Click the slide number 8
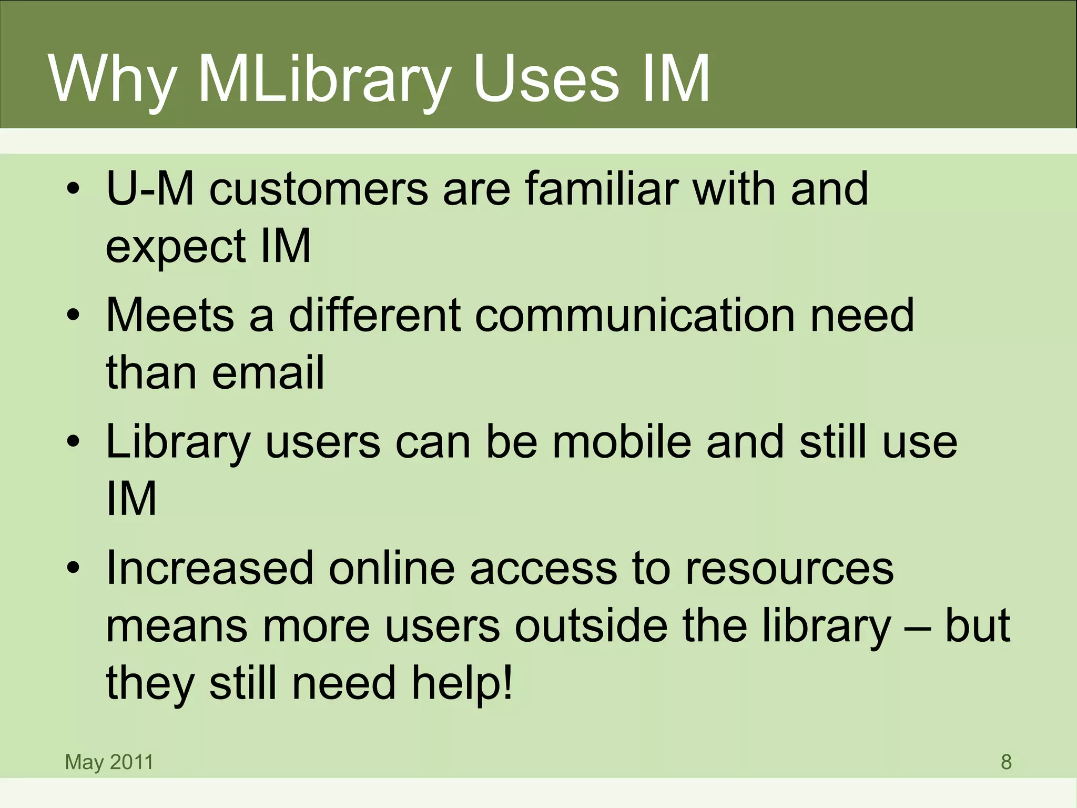[x=1006, y=762]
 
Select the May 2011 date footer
[x=109, y=762]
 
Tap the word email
[x=268, y=372]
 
